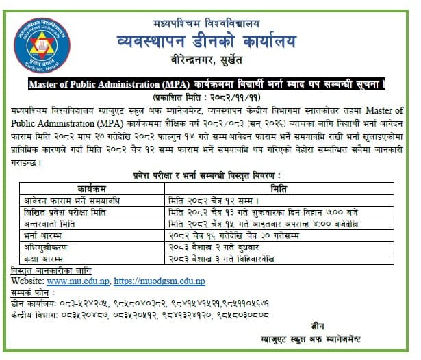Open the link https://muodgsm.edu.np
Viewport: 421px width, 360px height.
coord(159,281)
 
